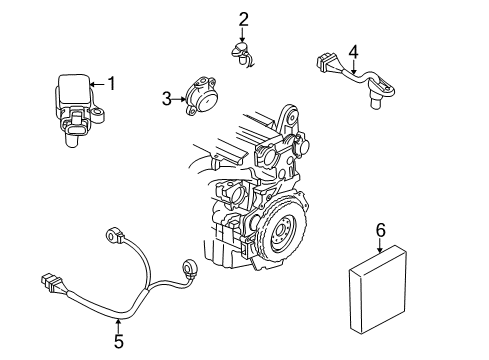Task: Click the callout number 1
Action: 111,84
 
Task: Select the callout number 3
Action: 167,98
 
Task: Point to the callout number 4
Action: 353,51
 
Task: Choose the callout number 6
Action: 380,230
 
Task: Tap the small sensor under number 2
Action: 241,53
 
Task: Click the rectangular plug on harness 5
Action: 51,283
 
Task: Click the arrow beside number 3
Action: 180,98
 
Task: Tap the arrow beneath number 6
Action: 380,246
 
